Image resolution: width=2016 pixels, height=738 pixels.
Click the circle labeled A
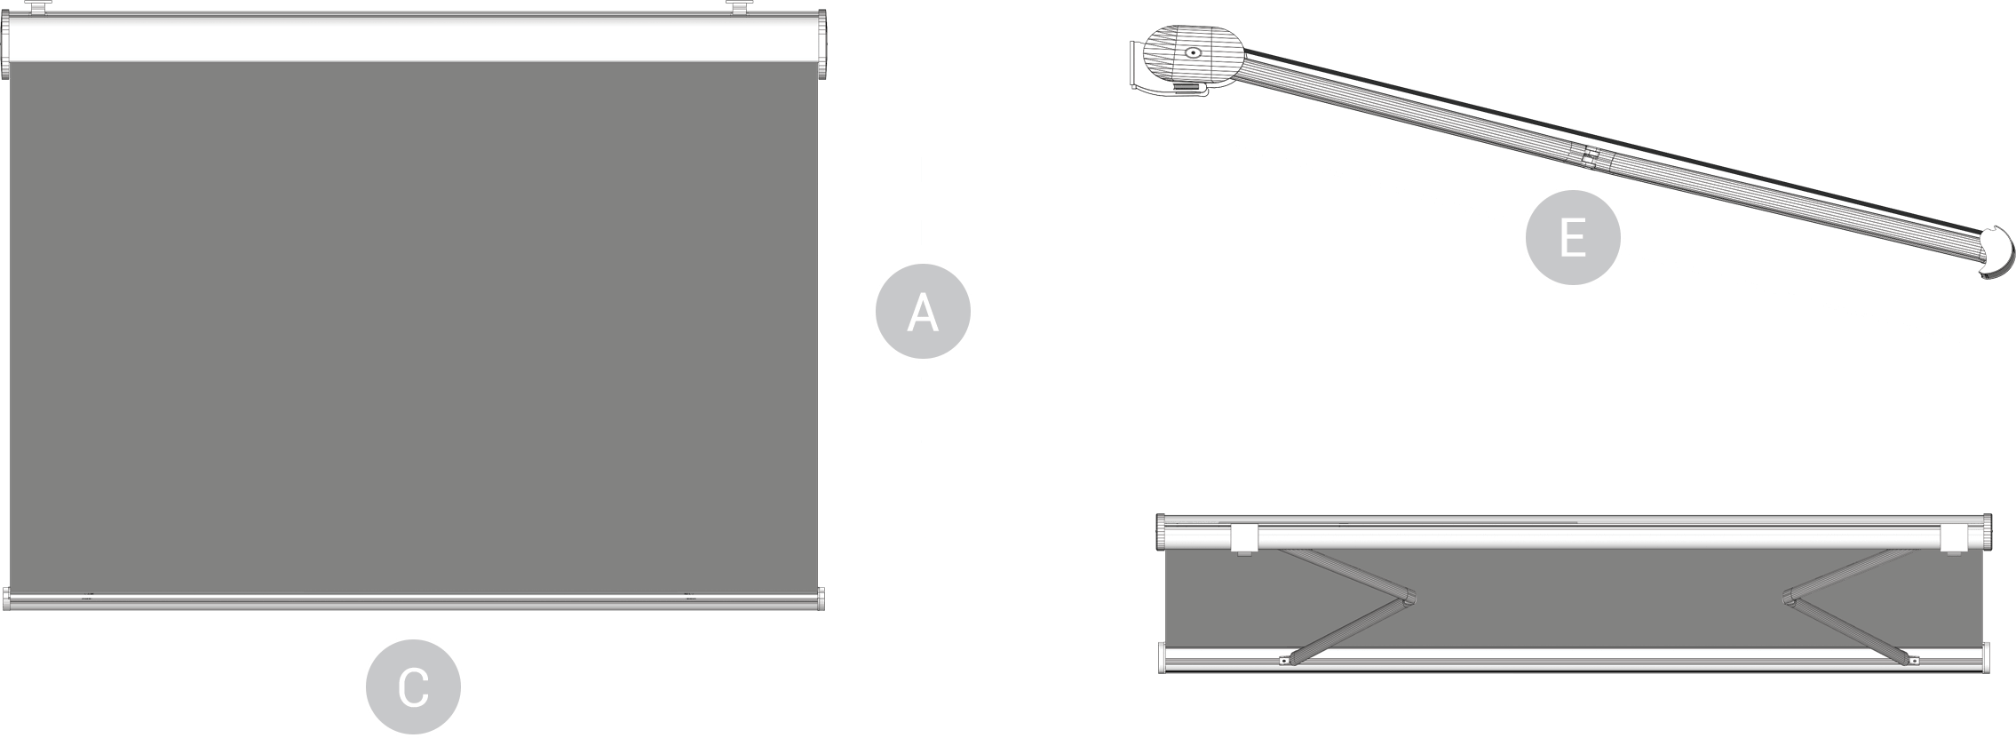point(923,312)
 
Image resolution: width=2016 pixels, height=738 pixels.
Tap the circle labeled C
point(413,686)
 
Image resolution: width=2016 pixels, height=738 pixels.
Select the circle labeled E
point(1572,237)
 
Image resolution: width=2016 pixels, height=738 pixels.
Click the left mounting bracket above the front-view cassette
point(36,7)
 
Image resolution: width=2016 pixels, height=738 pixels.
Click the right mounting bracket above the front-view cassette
point(739,7)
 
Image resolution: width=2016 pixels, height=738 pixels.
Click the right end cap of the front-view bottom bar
point(821,599)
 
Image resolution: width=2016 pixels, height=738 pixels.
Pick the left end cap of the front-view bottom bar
point(6,599)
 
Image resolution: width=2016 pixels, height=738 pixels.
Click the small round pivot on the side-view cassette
point(1192,52)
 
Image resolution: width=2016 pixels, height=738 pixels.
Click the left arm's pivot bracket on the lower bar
point(1284,660)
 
